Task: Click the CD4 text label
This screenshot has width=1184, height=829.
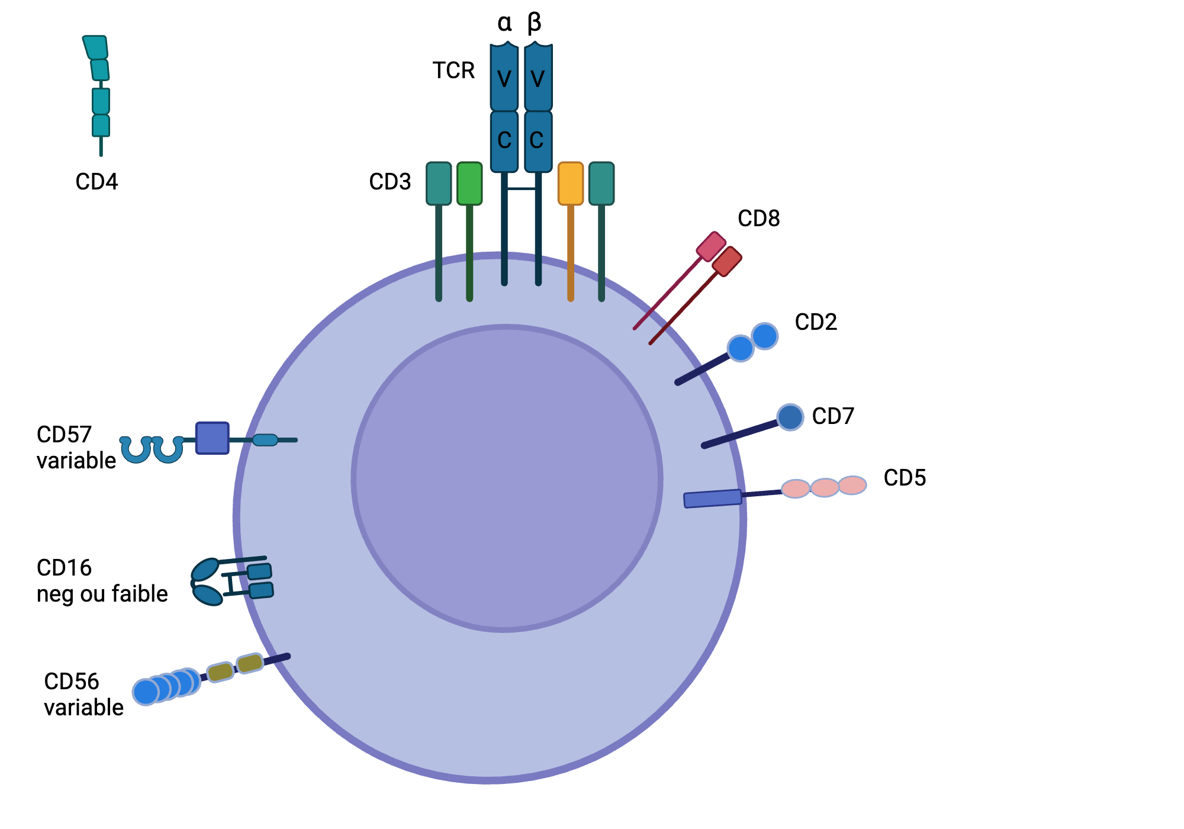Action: pos(96,182)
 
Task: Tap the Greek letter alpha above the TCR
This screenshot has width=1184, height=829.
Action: pos(504,23)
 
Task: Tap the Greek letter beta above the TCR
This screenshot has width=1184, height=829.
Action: pos(534,23)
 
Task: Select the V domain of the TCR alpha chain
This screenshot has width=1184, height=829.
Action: pos(504,78)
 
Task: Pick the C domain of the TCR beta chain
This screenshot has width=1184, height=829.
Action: pos(538,141)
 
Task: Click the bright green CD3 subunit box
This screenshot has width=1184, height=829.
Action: pos(469,184)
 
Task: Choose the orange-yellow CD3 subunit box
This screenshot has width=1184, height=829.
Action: pos(571,184)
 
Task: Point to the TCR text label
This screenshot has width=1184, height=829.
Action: pos(453,70)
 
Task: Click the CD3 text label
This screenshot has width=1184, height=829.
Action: pos(390,182)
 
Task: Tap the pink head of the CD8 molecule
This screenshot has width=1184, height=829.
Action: pos(711,246)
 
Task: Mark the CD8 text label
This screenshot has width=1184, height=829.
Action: pos(758,219)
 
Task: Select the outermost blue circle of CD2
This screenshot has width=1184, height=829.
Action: pos(765,336)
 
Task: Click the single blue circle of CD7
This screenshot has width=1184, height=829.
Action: pos(790,417)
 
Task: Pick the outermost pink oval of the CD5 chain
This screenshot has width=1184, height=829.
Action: pos(852,485)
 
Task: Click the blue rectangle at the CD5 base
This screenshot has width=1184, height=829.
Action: pos(713,499)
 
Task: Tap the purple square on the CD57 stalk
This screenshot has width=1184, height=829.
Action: pos(212,438)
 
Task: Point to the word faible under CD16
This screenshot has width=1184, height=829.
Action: pos(140,593)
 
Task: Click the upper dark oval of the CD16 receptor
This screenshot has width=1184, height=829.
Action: pos(205,570)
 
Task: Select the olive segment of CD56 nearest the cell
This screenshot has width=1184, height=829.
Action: pos(250,663)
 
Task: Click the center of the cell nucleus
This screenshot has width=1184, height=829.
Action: pos(507,478)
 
